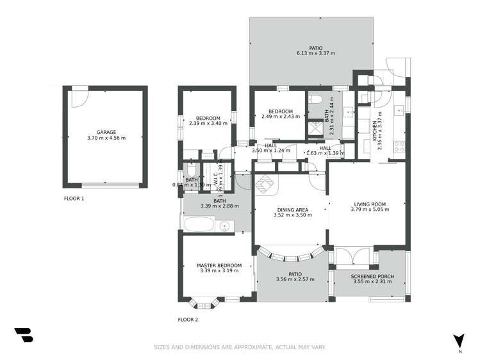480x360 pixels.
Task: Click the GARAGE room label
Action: pos(106,132)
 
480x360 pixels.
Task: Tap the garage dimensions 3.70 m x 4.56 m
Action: pos(106,138)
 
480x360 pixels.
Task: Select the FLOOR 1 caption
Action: pos(74,199)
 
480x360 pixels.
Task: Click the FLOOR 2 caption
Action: pos(188,319)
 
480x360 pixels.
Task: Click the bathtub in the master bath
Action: pos(199,225)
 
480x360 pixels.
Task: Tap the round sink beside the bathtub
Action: pos(225,226)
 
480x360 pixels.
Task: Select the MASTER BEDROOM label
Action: pos(219,265)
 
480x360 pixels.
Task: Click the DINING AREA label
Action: pos(292,209)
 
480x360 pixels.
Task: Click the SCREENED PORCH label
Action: pos(372,276)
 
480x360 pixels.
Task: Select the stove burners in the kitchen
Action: pos(399,145)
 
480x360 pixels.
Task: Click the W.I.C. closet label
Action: pos(215,176)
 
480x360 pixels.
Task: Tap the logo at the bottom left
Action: pos(23,334)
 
